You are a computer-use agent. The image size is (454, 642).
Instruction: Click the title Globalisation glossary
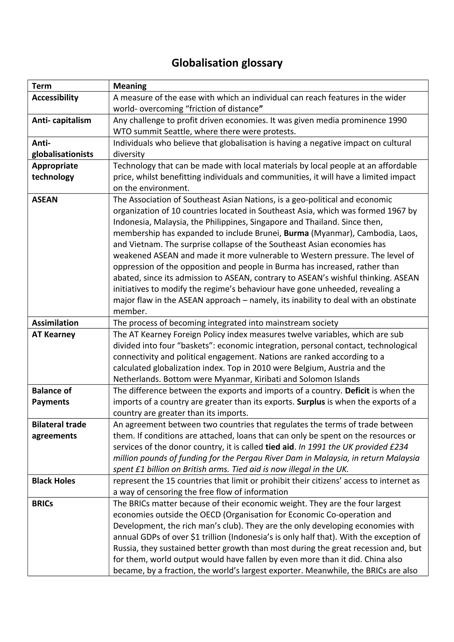tap(227, 63)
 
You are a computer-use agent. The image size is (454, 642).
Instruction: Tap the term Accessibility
tap(55, 98)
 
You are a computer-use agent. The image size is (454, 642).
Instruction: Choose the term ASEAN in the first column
tap(45, 200)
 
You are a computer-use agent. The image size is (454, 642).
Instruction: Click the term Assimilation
tap(55, 323)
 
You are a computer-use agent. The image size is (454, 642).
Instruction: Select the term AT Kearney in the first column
tap(53, 335)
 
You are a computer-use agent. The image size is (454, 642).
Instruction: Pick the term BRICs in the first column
tap(43, 504)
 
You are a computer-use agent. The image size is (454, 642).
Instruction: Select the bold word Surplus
tap(311, 402)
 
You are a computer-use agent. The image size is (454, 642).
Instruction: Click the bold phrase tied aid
tap(280, 447)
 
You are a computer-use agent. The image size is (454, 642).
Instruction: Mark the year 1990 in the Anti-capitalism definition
tap(397, 120)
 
